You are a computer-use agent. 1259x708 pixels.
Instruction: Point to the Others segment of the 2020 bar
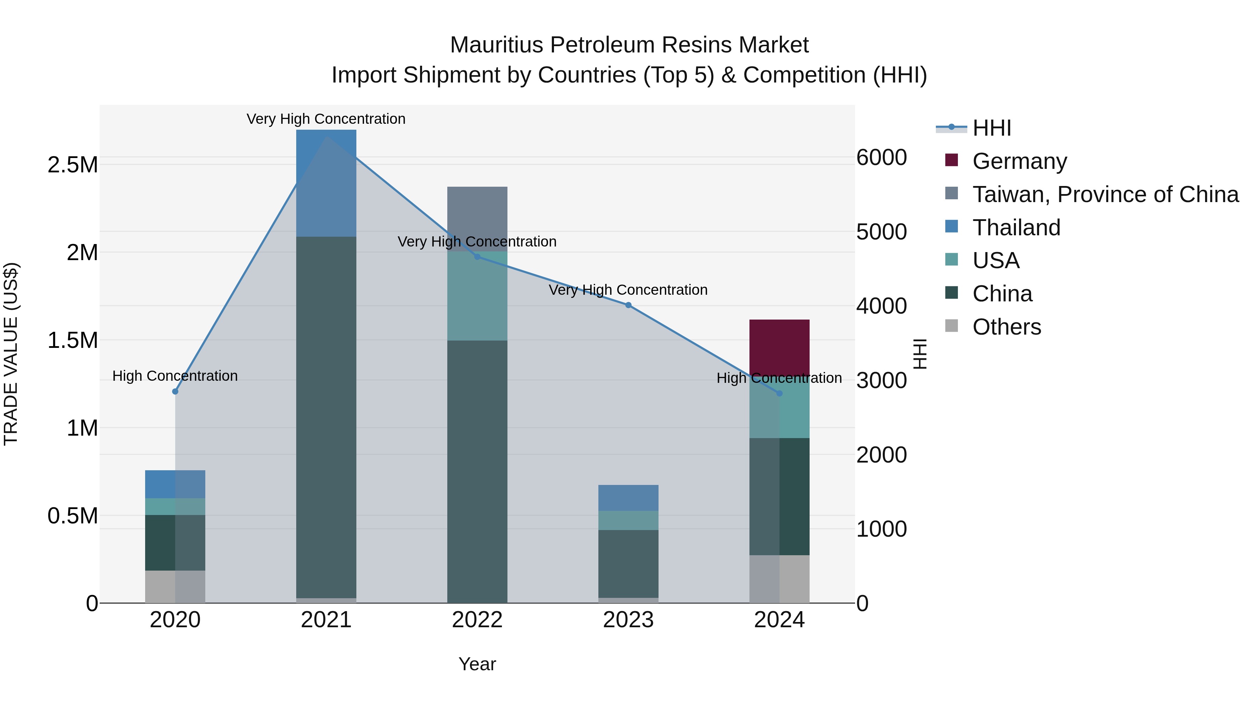[175, 586]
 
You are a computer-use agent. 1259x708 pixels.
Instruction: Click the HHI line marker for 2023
[628, 305]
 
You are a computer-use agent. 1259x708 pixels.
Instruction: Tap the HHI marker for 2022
[477, 257]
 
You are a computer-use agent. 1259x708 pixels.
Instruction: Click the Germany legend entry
[1019, 161]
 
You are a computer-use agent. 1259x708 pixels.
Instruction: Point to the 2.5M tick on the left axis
[72, 165]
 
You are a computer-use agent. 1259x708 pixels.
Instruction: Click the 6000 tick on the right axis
[881, 157]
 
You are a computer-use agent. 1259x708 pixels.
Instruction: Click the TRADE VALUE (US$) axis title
[11, 354]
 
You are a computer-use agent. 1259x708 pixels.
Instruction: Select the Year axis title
[477, 664]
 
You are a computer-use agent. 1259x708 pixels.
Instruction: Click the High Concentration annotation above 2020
[175, 376]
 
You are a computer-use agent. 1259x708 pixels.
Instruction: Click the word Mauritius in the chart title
[496, 45]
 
